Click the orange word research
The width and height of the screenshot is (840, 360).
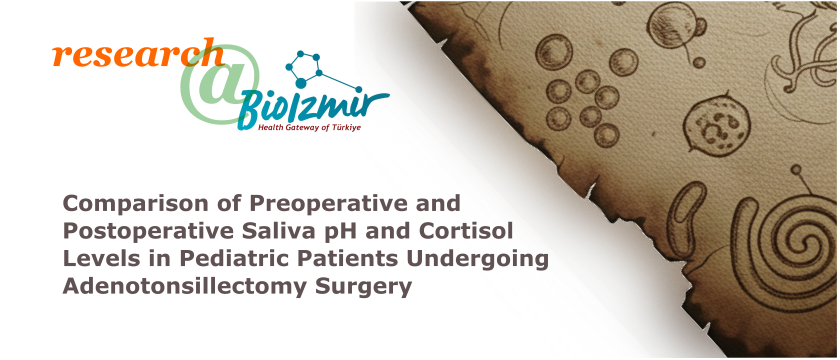click(138, 53)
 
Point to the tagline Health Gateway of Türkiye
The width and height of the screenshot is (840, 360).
click(310, 128)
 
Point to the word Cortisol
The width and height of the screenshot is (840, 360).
click(463, 231)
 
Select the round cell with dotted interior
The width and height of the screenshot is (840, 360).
click(719, 125)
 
